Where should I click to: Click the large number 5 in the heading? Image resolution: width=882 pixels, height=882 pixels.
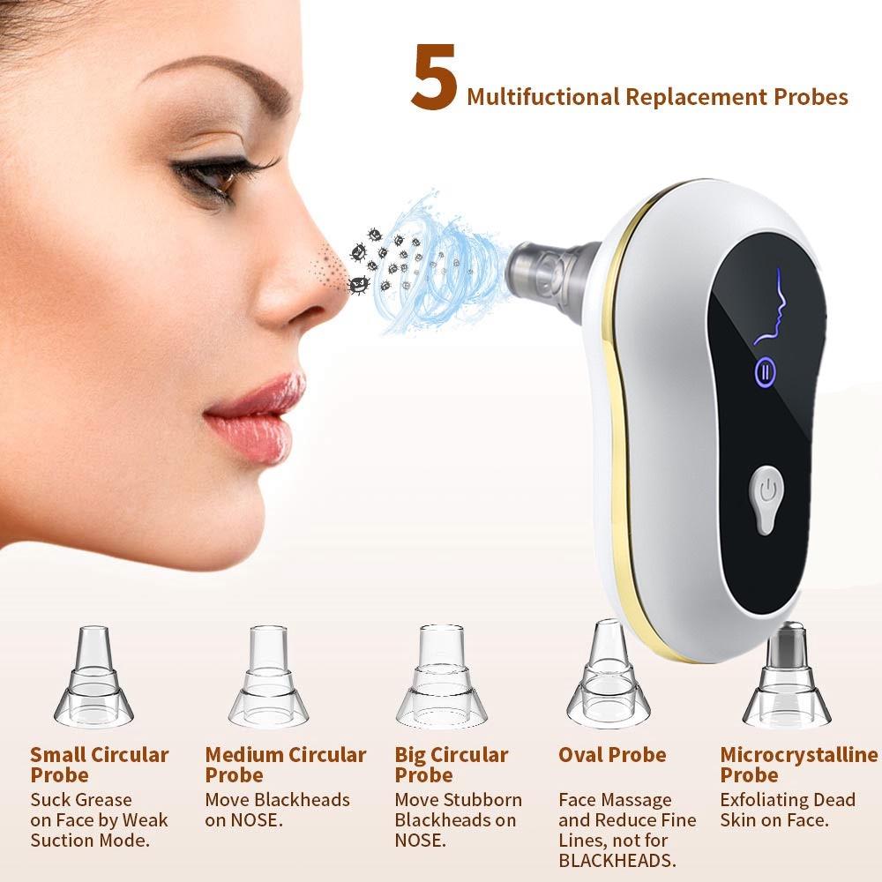(x=433, y=77)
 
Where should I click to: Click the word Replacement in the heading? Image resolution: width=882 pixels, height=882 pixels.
(x=696, y=97)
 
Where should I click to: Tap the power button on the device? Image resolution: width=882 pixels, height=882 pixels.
(x=766, y=498)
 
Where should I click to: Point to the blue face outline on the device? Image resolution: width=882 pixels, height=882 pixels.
(x=772, y=307)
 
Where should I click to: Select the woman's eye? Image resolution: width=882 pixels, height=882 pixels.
(x=217, y=177)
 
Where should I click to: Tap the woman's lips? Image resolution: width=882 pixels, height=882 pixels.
(x=256, y=416)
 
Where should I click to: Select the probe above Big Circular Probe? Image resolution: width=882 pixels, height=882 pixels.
(x=442, y=676)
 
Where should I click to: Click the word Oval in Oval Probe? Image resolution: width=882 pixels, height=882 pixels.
(x=584, y=755)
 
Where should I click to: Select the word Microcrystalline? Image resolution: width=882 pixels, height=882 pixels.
(x=799, y=755)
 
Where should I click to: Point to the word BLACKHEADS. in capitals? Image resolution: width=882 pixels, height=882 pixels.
(x=617, y=861)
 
